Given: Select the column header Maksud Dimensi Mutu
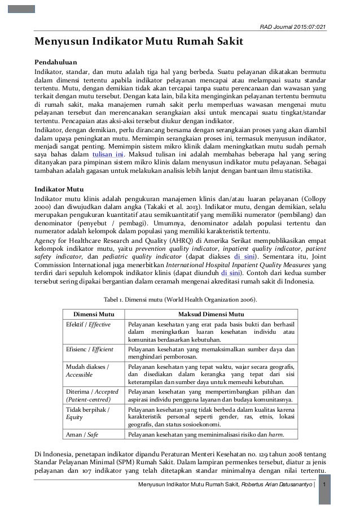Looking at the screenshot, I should tap(211, 313).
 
